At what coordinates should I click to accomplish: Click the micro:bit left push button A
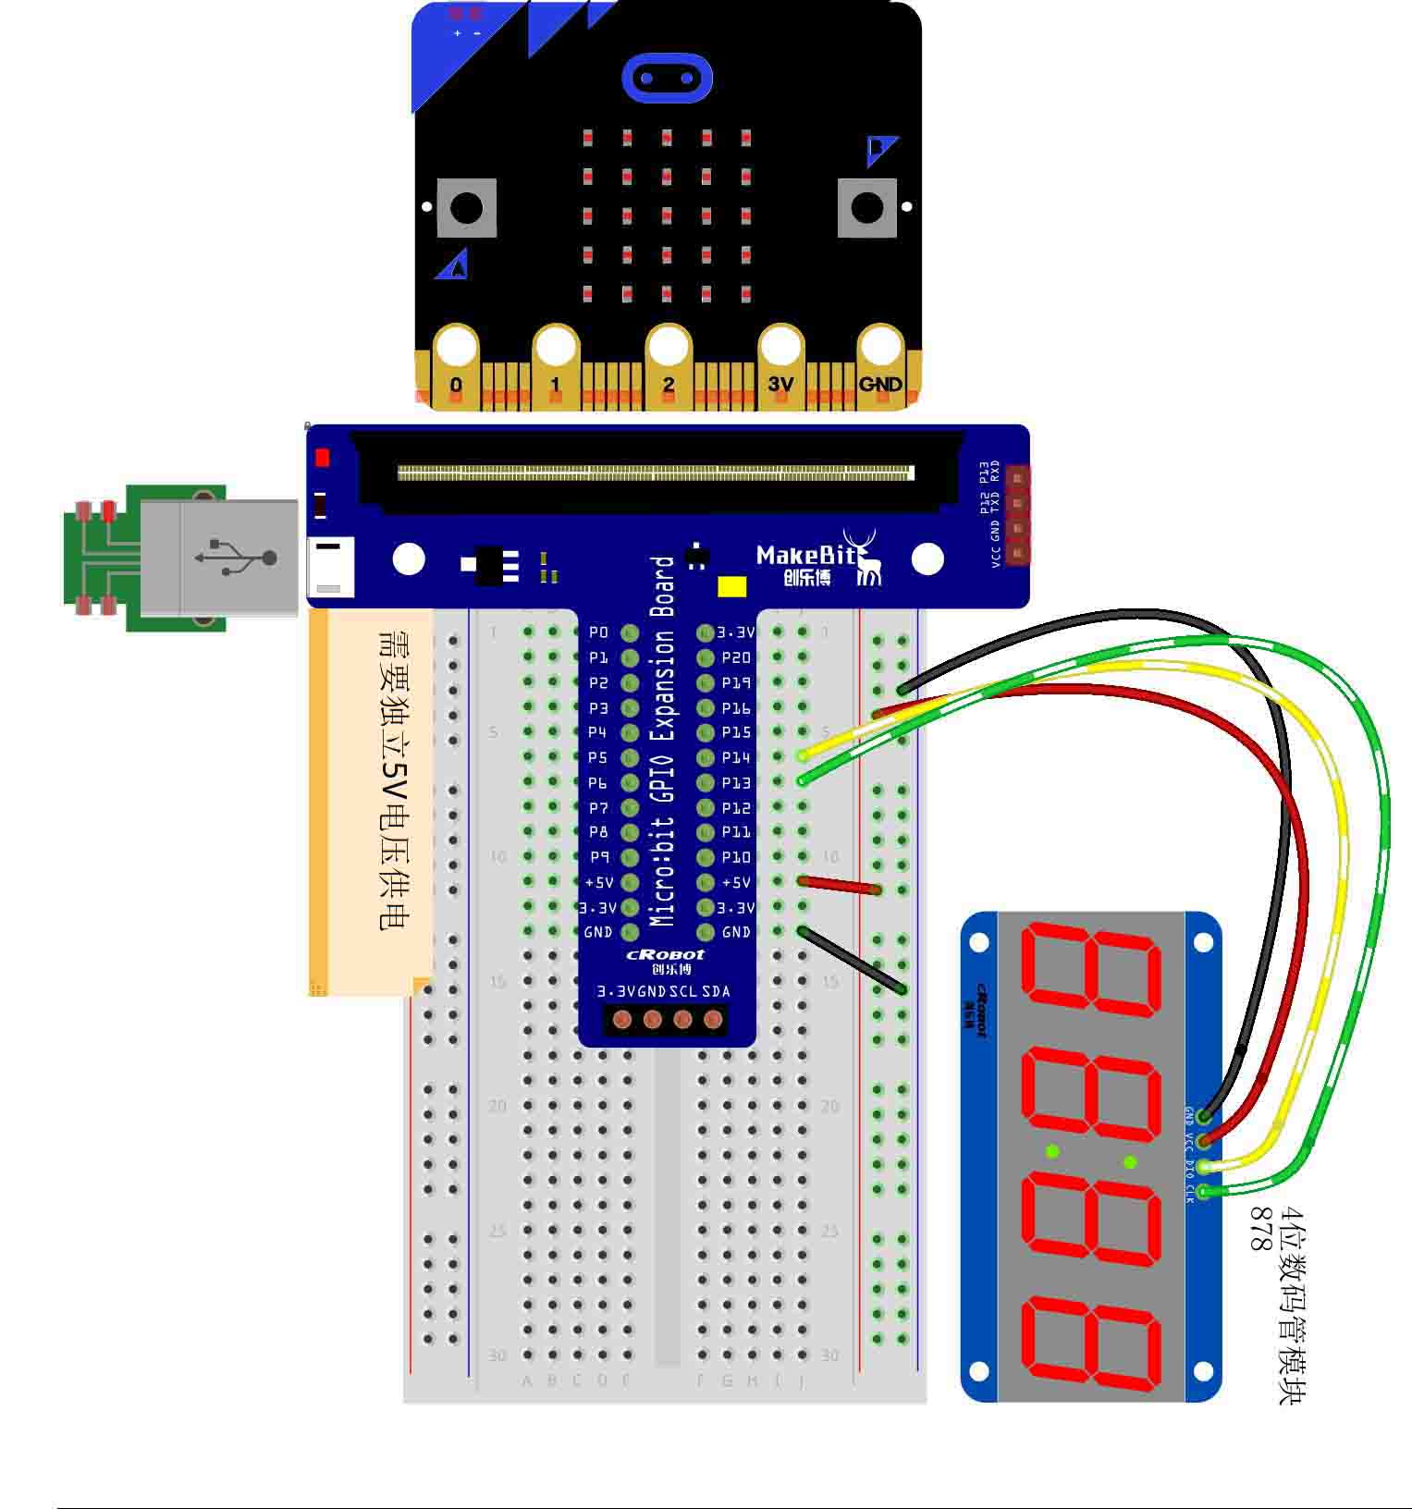(466, 206)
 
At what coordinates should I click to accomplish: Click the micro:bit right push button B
(866, 207)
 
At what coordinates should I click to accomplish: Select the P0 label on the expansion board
(598, 632)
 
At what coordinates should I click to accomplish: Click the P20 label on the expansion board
(736, 657)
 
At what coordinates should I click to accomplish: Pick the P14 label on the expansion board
(736, 757)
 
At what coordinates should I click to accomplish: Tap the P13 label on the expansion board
(736, 782)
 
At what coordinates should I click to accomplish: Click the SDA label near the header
(716, 991)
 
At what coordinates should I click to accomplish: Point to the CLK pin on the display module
(1203, 1191)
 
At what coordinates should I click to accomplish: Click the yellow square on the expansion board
(732, 587)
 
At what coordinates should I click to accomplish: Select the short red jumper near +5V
(840, 886)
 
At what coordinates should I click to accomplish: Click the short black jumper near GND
(852, 960)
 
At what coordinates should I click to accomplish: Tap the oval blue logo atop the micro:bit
(667, 78)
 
